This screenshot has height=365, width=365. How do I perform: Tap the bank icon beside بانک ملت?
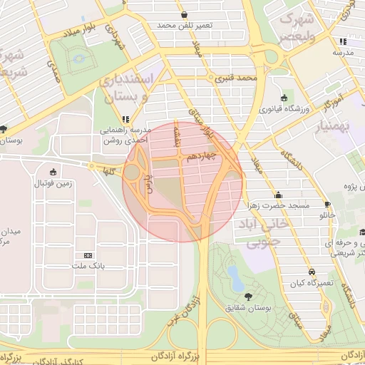pos(88,255)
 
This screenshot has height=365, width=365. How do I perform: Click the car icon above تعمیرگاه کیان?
pos(312,272)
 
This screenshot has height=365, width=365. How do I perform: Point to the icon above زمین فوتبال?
pos(53,172)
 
